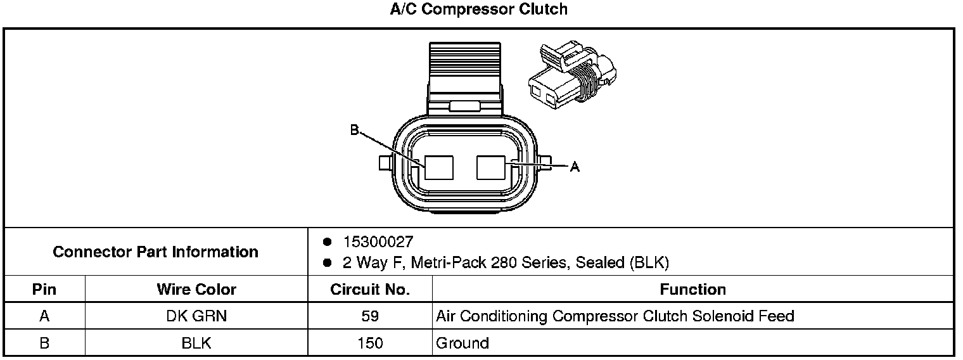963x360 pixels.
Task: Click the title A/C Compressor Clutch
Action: [x=478, y=10]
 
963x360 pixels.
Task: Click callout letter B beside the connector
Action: [x=354, y=131]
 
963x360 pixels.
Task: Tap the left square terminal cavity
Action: [x=439, y=168]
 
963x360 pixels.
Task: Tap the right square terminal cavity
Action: [x=490, y=168]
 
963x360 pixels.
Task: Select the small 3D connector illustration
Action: [x=573, y=73]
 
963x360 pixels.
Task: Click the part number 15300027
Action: [x=378, y=241]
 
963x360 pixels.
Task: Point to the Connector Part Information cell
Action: [x=156, y=252]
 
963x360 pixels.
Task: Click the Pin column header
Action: [x=44, y=290]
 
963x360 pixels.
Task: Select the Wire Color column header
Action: [x=196, y=290]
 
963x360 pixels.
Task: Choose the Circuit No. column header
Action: [x=370, y=290]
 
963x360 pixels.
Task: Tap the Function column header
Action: [x=692, y=290]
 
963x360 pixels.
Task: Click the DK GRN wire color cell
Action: [x=196, y=316]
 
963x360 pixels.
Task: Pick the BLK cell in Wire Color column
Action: [x=196, y=343]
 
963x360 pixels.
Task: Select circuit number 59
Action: [x=370, y=316]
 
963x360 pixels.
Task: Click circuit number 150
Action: [x=370, y=343]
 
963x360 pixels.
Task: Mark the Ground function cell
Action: [x=462, y=343]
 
